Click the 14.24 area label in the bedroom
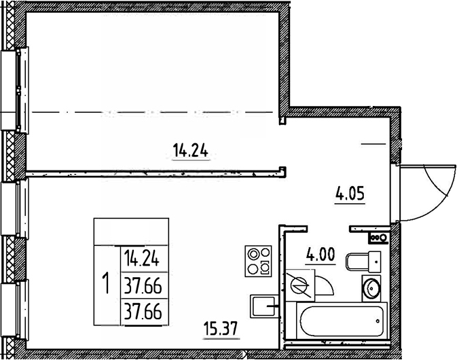(190, 153)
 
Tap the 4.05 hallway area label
(350, 196)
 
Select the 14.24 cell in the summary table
(145, 258)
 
